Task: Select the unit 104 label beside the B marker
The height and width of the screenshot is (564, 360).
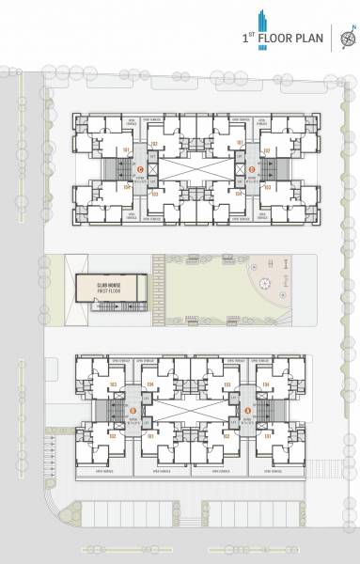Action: click(150, 386)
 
